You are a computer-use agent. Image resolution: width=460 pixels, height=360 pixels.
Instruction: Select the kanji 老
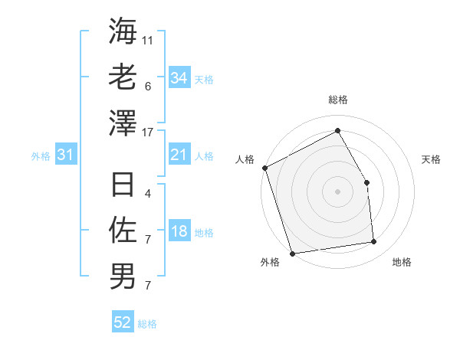click(123, 77)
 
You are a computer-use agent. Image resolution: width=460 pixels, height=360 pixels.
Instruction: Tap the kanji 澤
click(123, 122)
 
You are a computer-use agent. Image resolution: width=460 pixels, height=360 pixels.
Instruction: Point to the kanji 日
click(123, 185)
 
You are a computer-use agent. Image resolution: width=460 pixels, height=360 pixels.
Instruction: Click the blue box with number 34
click(179, 78)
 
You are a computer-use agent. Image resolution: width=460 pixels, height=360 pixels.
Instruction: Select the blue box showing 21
click(179, 155)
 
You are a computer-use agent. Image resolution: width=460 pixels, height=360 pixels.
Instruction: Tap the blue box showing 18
click(179, 232)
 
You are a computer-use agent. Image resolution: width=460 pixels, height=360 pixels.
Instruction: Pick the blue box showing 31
click(66, 155)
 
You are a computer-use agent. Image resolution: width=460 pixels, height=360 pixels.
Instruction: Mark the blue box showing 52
click(123, 322)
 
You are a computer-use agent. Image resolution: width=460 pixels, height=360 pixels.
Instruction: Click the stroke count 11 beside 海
click(148, 39)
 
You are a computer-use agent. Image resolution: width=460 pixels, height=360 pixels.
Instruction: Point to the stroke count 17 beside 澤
click(148, 132)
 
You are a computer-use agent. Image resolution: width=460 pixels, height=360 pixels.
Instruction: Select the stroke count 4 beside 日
click(147, 194)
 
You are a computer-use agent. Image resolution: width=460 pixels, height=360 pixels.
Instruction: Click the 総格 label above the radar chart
click(337, 100)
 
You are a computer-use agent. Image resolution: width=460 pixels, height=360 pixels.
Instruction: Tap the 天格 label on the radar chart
click(431, 159)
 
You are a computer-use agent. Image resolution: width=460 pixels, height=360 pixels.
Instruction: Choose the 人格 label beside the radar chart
click(245, 159)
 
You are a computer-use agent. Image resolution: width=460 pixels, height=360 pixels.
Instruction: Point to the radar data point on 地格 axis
click(374, 242)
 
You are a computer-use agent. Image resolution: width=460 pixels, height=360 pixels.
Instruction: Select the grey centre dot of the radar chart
click(337, 191)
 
